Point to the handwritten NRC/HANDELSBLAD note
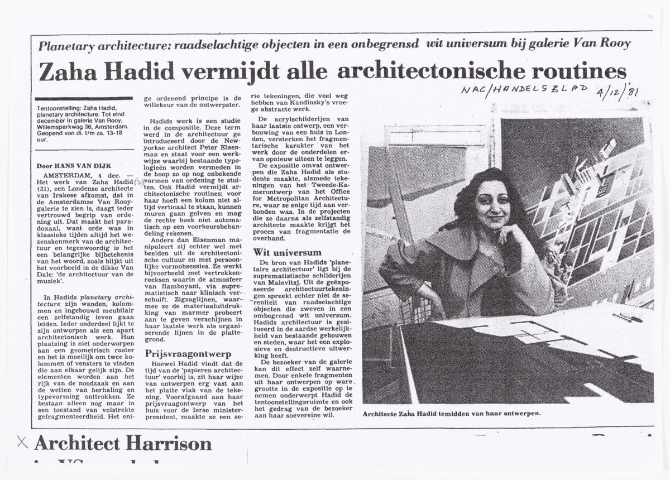(x=524, y=89)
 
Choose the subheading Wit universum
(x=287, y=252)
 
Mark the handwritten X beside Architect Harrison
(x=22, y=443)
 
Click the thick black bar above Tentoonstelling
(x=84, y=98)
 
